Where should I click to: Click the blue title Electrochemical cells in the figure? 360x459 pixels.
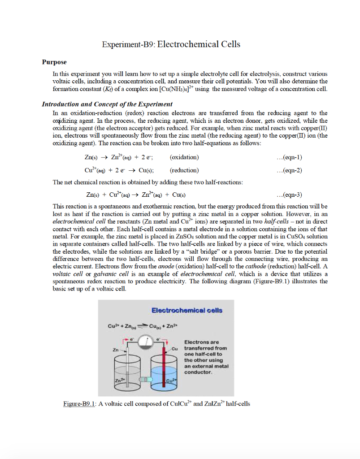click(x=187, y=310)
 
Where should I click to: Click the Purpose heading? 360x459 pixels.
click(x=54, y=62)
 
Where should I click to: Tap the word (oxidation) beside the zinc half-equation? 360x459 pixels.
click(x=185, y=157)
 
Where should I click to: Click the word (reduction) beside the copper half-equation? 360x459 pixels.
click(x=185, y=170)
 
